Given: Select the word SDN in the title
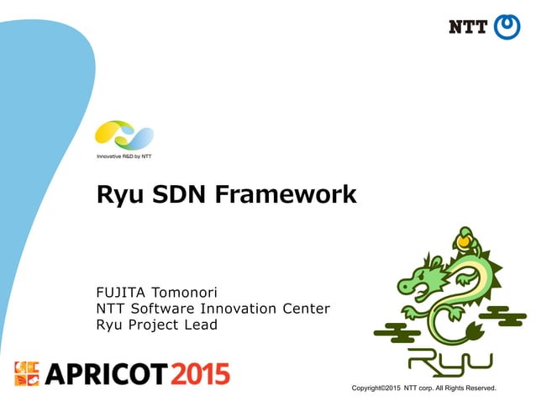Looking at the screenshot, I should click(179, 194).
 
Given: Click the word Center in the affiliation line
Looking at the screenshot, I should click(306, 308).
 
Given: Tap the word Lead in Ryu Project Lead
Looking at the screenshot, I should click(201, 324).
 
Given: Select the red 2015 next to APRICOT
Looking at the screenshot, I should click(200, 373).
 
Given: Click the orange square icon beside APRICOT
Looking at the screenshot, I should click(27, 373).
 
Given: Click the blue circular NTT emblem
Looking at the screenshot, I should click(507, 27).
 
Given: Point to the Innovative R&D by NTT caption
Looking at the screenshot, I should click(123, 156).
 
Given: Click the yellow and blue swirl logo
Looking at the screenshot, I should click(123, 135).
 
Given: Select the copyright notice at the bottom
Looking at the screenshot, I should click(424, 389).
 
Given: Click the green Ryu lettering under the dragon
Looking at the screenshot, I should click(449, 360).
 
